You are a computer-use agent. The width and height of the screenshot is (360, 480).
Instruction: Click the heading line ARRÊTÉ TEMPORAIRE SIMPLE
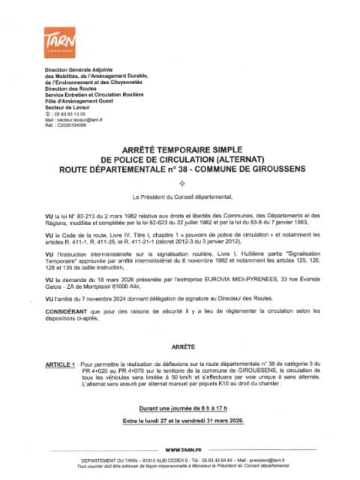click(x=179, y=150)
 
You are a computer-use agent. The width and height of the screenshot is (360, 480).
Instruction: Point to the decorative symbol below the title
click(x=180, y=182)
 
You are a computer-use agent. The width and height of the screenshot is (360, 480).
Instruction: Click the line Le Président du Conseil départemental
click(x=180, y=197)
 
